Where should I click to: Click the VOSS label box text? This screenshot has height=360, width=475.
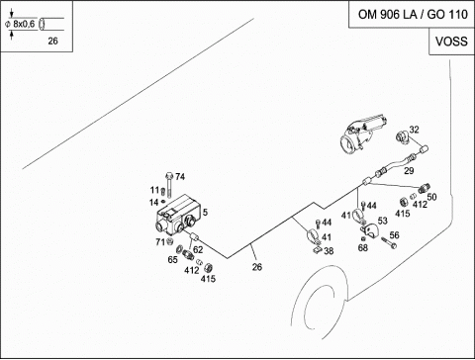451,42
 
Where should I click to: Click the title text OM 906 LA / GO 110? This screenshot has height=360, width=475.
413,15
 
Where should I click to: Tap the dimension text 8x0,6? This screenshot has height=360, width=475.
24,24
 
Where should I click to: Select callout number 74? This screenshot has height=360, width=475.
180,177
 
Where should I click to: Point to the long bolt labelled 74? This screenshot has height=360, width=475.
169,185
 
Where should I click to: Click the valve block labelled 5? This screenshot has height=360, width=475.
178,215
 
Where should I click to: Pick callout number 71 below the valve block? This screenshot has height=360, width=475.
160,242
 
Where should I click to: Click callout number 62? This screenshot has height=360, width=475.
198,250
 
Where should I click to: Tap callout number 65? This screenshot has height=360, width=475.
172,260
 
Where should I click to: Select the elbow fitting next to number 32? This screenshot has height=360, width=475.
403,136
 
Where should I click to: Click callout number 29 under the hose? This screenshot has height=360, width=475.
409,171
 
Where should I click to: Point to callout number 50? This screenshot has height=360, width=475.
431,197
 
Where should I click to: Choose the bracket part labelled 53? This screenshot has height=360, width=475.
369,229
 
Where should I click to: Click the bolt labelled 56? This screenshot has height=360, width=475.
389,243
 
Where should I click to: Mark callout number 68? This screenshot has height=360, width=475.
363,247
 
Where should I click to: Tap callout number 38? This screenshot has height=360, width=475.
329,251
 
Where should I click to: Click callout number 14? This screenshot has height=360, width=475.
153,203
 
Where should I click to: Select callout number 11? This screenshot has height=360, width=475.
154,190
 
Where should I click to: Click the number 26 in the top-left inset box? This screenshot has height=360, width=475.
52,41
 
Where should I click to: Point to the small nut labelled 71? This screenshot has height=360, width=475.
170,241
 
